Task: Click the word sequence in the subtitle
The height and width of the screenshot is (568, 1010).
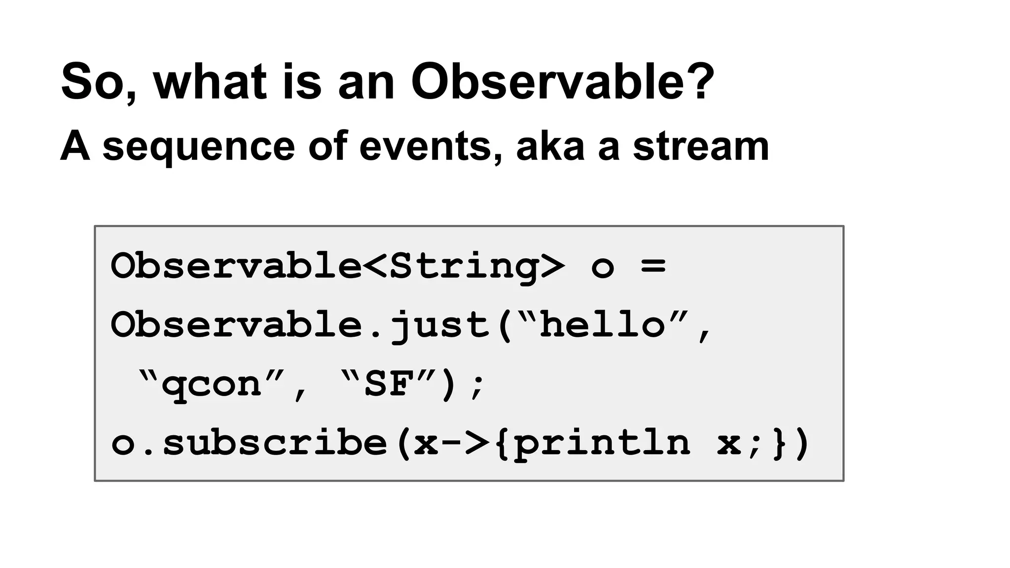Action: pyautogui.click(x=198, y=147)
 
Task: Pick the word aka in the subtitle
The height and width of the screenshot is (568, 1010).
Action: pyautogui.click(x=550, y=147)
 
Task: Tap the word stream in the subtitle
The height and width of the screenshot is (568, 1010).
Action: pyautogui.click(x=700, y=147)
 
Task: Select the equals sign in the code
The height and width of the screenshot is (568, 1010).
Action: pyautogui.click(x=653, y=266)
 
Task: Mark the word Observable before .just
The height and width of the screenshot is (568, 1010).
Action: pyautogui.click(x=237, y=325)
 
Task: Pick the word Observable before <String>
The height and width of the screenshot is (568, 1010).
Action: pyautogui.click(x=237, y=266)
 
